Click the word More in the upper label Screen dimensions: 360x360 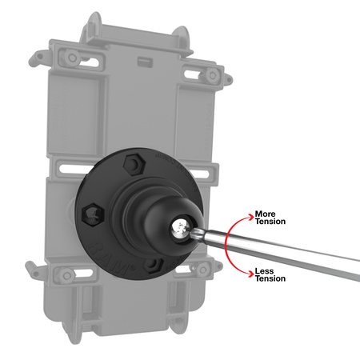tap(265, 214)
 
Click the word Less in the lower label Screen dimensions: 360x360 tap(262, 271)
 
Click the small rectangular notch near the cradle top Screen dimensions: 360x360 tap(145, 61)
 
